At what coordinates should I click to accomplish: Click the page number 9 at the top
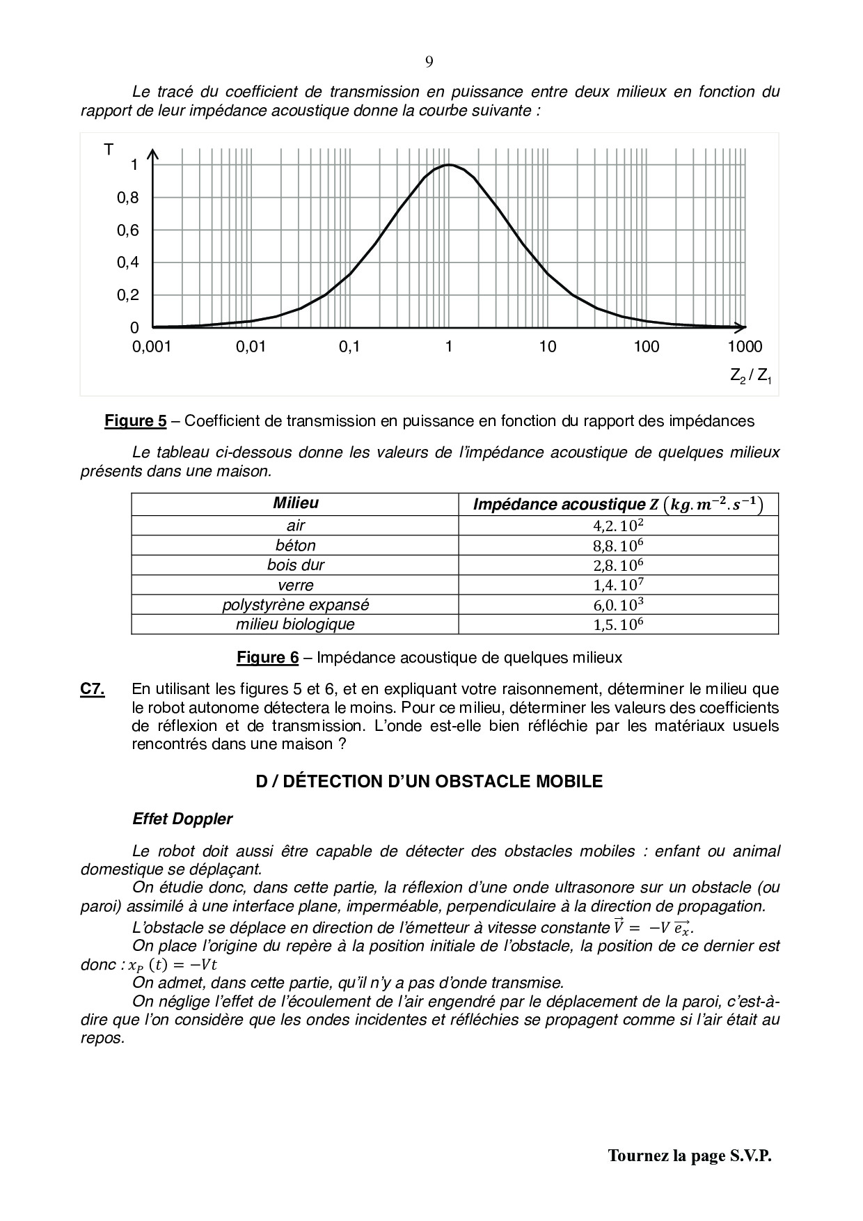point(429,62)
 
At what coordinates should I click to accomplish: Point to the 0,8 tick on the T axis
point(128,198)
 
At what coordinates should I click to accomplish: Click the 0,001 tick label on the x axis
point(152,347)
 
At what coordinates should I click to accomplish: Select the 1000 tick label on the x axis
point(745,347)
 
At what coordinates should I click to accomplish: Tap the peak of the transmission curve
point(449,165)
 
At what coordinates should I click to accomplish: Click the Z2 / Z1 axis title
point(751,377)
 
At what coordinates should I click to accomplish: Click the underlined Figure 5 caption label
point(136,420)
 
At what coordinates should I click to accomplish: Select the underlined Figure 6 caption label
point(268,657)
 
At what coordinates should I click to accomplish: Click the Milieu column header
point(295,503)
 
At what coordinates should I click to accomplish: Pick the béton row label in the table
point(295,545)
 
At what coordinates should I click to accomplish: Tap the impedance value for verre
point(618,585)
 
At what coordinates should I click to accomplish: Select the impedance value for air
point(618,526)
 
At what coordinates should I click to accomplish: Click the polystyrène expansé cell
point(295,605)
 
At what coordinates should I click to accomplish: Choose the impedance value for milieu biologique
point(618,624)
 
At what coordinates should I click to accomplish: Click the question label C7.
point(93,689)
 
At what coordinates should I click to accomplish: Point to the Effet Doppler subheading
point(182,819)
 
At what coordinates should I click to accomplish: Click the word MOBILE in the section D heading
point(568,781)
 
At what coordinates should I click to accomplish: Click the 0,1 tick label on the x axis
point(349,347)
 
